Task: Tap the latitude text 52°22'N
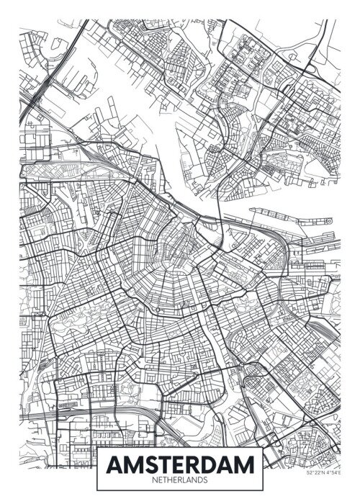[x=317, y=492]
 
